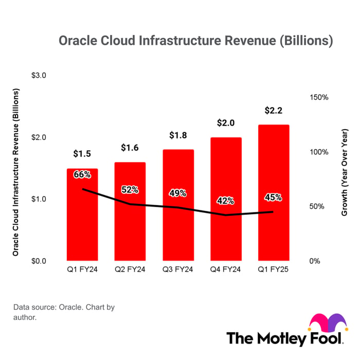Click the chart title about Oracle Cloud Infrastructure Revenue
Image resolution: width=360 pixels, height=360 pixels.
(196, 41)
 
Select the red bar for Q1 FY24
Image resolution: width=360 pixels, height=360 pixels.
(82, 214)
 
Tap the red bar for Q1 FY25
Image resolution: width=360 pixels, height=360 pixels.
(274, 193)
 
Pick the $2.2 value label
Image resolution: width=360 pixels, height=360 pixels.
(274, 111)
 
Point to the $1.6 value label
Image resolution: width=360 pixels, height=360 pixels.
(130, 148)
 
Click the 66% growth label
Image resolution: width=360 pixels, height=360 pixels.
(82, 174)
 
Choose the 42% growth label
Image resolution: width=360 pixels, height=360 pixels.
(225, 201)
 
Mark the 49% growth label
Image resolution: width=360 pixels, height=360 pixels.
(178, 193)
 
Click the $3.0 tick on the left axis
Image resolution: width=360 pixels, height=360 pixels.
(39, 75)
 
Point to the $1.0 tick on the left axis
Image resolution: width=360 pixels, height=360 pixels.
(39, 199)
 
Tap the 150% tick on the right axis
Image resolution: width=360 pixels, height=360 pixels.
(319, 97)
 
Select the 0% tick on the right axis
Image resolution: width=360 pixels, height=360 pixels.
(315, 261)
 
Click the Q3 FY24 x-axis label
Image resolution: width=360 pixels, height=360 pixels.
(178, 269)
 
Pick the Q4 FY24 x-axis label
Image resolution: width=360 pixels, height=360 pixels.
(225, 269)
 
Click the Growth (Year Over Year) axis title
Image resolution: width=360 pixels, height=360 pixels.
(345, 172)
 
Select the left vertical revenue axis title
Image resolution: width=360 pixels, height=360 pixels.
(15, 172)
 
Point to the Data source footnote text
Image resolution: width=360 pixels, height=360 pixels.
(64, 312)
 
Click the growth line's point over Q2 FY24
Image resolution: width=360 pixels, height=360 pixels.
(130, 204)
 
